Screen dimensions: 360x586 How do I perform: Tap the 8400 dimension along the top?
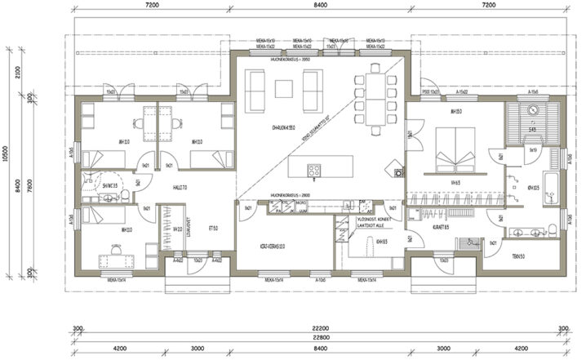tap(319, 5)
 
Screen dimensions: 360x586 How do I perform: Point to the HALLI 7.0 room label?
tap(180, 187)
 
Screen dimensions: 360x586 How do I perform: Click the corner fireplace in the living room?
tap(398, 172)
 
